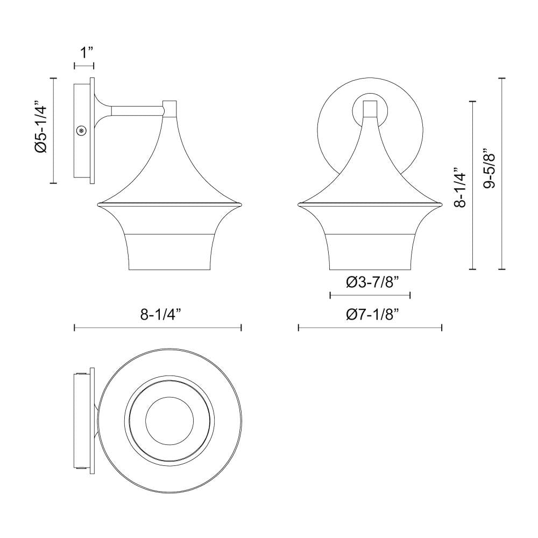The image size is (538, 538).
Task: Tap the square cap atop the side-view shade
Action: pyautogui.click(x=170, y=108)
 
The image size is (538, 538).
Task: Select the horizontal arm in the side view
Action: pyautogui.click(x=137, y=110)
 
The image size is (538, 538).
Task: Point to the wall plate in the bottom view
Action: pyautogui.click(x=84, y=419)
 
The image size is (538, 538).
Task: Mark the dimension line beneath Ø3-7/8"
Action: pyautogui.click(x=370, y=295)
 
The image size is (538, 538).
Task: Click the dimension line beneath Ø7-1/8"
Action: pyautogui.click(x=370, y=327)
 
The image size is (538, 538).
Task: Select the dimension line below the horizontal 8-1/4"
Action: pyautogui.click(x=158, y=327)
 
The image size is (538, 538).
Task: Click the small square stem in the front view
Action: pyautogui.click(x=370, y=109)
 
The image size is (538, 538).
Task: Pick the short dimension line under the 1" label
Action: pyautogui.click(x=84, y=66)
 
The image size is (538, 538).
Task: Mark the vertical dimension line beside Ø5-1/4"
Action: pyautogui.click(x=53, y=130)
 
